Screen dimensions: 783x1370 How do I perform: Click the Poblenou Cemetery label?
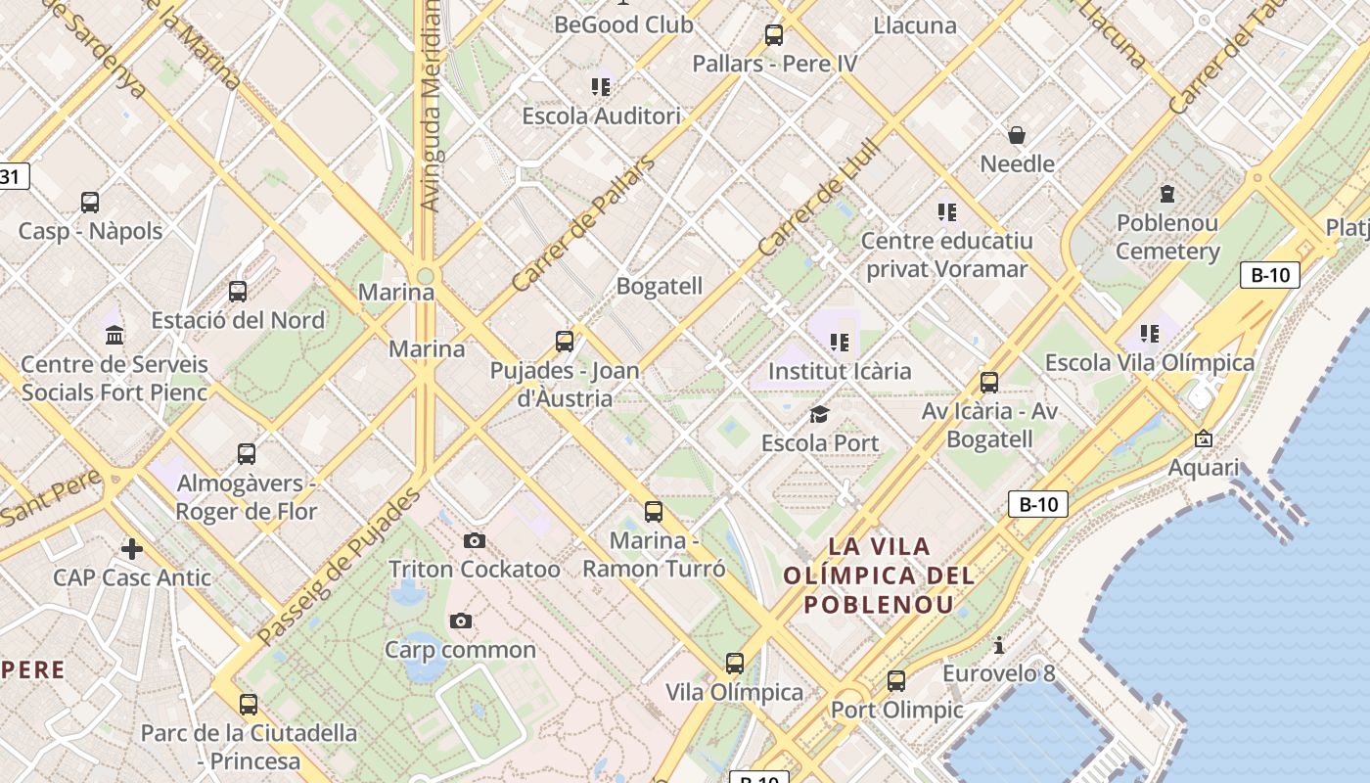1167,237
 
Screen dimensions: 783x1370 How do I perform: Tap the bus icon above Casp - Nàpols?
90,203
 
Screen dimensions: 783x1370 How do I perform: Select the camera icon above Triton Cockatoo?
475,540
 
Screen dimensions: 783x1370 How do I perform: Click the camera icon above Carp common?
460,621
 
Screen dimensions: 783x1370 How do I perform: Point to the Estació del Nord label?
238,320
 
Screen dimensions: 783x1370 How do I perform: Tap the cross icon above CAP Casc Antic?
131,548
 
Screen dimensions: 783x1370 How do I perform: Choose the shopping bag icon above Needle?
1017,134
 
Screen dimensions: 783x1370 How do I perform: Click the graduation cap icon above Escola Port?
819,414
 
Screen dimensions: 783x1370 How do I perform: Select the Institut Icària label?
840,371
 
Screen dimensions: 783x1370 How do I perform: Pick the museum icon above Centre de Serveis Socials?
114,335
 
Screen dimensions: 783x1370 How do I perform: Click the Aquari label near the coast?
1204,467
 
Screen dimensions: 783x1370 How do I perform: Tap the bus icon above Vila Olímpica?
735,664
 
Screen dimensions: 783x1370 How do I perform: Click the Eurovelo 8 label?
998,673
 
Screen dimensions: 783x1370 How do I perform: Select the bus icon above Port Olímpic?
896,681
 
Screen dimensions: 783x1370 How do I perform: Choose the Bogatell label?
659,286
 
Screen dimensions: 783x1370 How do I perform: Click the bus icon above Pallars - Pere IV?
774,35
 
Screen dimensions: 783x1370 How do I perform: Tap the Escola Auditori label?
601,115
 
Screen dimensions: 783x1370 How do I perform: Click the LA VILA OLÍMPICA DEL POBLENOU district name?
879,575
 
